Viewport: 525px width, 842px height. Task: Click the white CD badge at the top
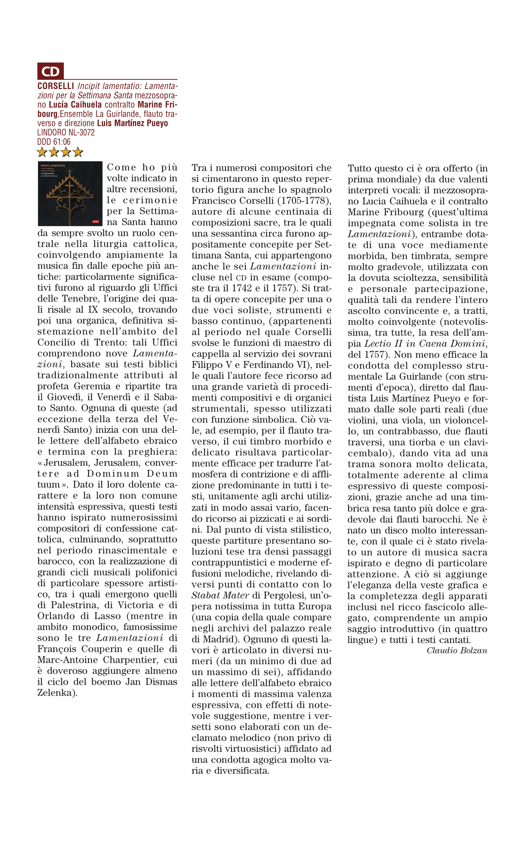pos(50,71)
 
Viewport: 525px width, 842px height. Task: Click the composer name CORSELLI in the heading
pos(56,86)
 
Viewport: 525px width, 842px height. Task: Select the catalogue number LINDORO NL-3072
pos(66,132)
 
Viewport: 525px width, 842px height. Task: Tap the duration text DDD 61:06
pos(54,142)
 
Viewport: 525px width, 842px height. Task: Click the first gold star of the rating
pos(42,152)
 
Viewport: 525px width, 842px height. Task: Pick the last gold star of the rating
pos(78,152)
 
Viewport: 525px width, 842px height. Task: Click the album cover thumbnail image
pos(70,194)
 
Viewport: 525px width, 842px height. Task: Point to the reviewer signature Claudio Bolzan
pos(457,650)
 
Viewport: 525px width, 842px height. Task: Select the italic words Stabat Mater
pos(220,596)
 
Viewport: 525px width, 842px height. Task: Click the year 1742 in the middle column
pos(242,288)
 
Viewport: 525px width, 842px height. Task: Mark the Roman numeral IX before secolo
pos(93,310)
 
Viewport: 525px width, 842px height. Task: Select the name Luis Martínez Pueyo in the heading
pos(132,123)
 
